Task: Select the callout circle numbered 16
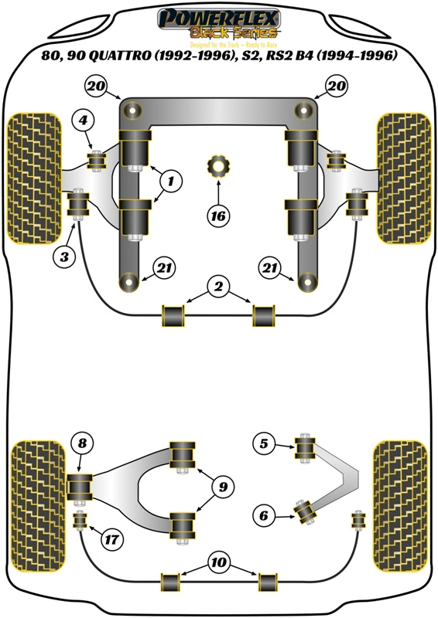click(219, 216)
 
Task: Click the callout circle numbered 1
click(172, 182)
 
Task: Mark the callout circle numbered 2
click(218, 287)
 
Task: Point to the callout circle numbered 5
click(265, 443)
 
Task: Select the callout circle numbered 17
click(113, 540)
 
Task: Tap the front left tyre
click(33, 178)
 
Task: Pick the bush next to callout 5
click(306, 447)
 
